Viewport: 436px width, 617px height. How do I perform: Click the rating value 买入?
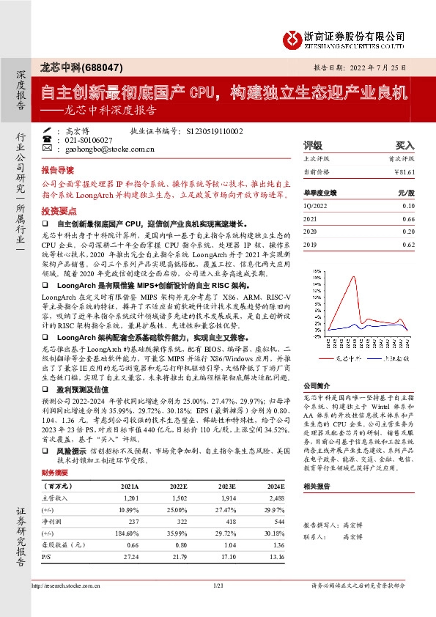pos(404,145)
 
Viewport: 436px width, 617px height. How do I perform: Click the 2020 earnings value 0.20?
pos(408,232)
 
